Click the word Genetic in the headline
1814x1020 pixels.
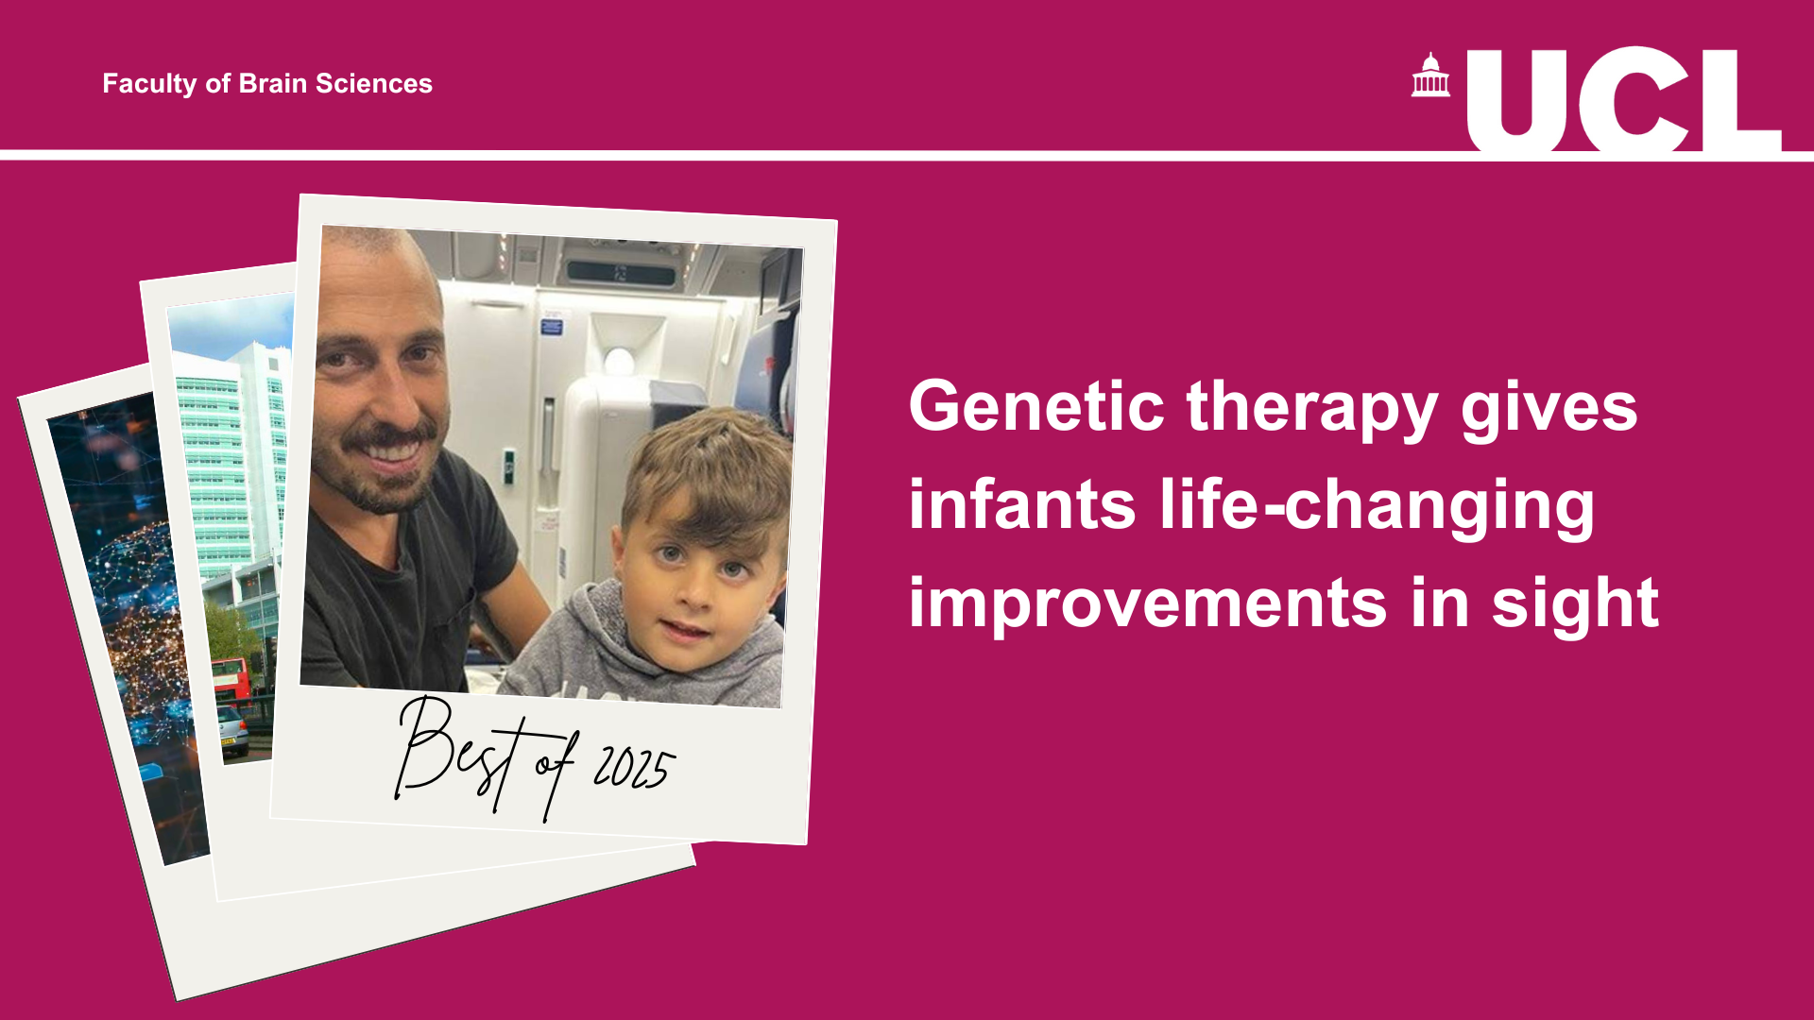(x=1036, y=406)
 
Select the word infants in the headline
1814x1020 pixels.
(x=1022, y=504)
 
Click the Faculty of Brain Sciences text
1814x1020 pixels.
(x=267, y=84)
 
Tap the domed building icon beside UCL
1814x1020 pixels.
(x=1430, y=75)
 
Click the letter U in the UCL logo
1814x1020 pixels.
(x=1516, y=99)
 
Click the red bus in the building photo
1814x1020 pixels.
(x=230, y=678)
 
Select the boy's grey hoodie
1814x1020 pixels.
(x=642, y=652)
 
